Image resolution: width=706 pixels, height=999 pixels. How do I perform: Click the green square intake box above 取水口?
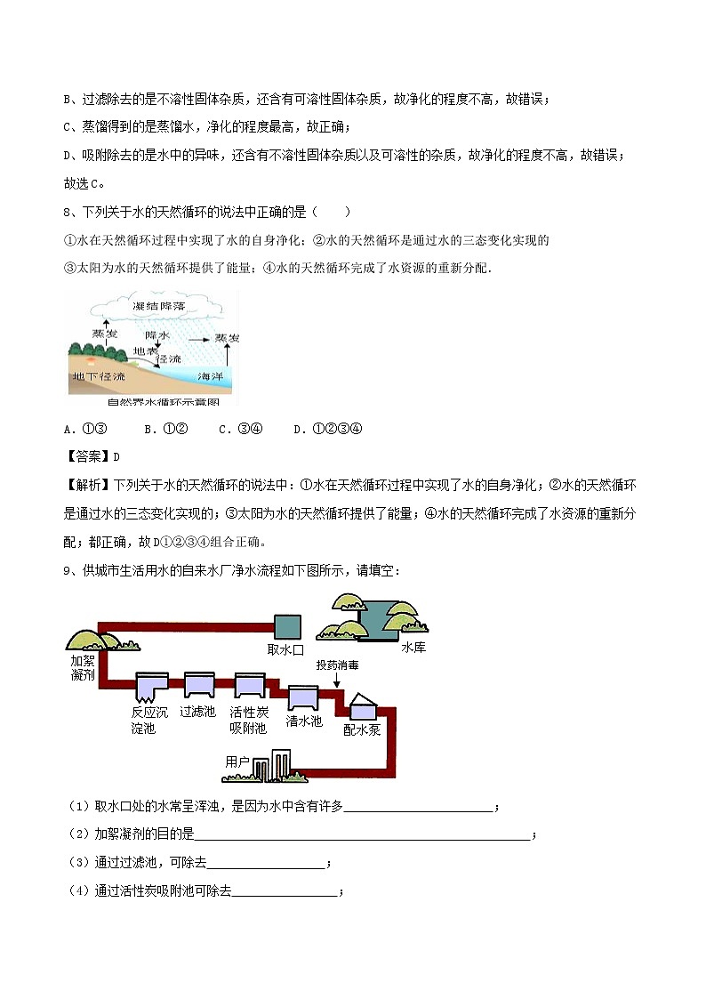click(286, 626)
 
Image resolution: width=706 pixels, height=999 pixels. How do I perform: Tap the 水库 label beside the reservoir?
click(413, 648)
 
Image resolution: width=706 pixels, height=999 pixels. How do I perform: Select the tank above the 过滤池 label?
click(197, 686)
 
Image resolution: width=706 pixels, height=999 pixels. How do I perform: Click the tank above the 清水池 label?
click(303, 697)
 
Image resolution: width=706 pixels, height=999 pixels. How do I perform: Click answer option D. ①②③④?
click(326, 430)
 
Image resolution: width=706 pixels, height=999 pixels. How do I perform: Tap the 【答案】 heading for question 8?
click(85, 457)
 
